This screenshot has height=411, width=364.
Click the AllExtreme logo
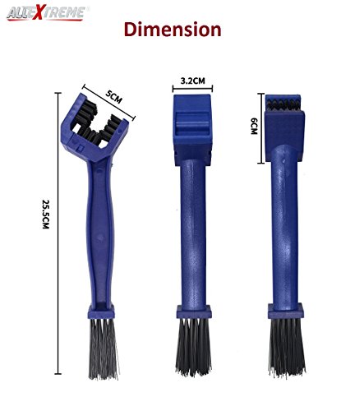point(46,13)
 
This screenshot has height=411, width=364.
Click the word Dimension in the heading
point(173,30)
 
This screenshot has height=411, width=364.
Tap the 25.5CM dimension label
point(45,214)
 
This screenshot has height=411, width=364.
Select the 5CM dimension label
point(113,97)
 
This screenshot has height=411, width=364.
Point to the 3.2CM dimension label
point(192,81)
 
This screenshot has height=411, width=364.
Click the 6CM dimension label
point(254,126)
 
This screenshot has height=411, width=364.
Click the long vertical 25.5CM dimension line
point(58,233)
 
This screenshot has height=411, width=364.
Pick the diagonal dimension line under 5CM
point(109,103)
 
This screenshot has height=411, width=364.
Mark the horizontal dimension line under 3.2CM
point(192,88)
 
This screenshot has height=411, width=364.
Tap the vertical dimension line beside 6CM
point(261,128)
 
